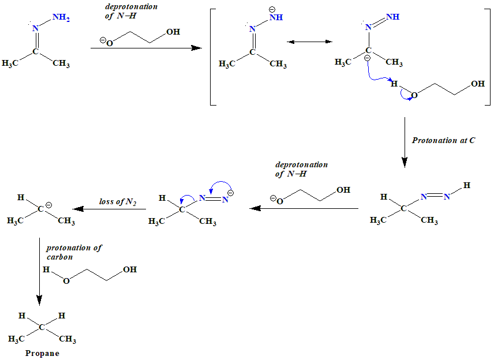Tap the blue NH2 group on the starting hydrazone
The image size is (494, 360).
point(61,17)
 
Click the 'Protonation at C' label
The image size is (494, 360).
point(443,140)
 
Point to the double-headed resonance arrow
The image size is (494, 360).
point(309,42)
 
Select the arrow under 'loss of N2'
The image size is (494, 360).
point(108,209)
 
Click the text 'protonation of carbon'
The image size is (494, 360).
point(74,252)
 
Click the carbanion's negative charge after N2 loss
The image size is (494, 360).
point(49,205)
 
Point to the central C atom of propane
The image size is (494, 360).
point(42,327)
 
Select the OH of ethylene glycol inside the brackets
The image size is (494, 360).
point(478,84)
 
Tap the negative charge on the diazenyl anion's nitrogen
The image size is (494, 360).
point(230,193)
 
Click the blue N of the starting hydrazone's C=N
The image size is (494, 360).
point(35,28)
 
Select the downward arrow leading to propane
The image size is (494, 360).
point(39,271)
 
